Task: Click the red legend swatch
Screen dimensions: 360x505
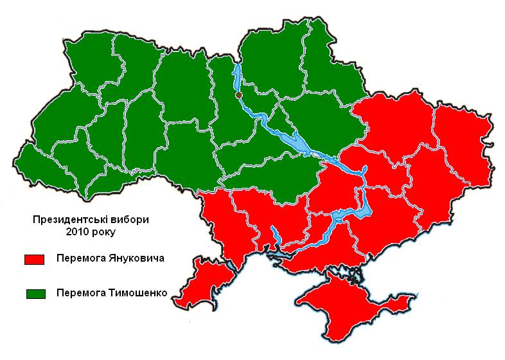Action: (x=33, y=259)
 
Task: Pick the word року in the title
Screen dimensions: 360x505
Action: (x=106, y=230)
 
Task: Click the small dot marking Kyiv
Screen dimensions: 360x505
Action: (x=238, y=94)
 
